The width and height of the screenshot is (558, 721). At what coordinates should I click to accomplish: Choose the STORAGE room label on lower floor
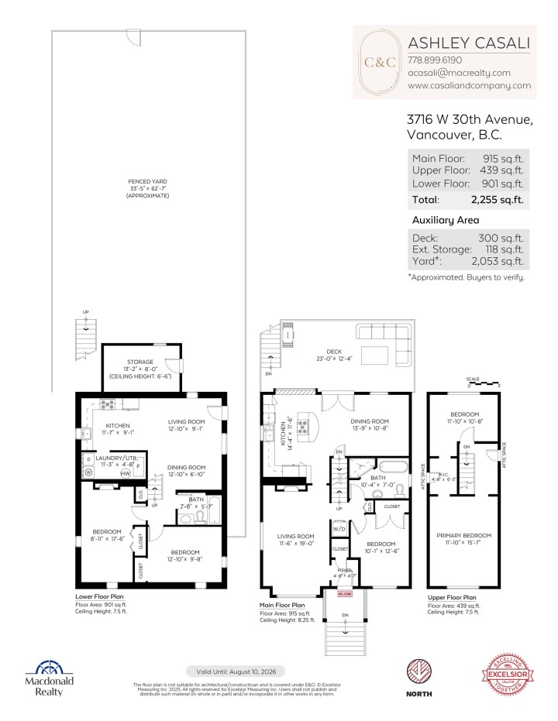click(141, 362)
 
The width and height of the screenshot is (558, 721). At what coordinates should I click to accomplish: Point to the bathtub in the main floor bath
click(390, 468)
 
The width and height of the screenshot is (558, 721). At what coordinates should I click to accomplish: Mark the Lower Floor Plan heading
click(100, 597)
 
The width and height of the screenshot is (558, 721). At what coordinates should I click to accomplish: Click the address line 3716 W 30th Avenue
click(469, 119)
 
